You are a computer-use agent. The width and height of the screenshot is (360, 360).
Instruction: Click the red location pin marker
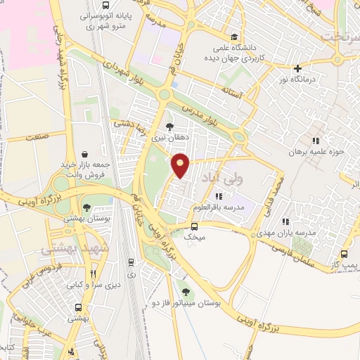[181, 165]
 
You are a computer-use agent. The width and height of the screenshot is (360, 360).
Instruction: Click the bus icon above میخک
[195, 226]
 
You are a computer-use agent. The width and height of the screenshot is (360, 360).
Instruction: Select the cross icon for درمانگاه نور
[299, 68]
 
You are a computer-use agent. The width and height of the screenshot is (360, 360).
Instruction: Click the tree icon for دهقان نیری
[169, 126]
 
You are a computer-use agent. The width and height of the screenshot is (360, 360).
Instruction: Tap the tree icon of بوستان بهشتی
[86, 208]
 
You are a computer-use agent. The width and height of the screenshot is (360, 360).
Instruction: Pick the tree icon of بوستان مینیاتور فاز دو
[186, 292]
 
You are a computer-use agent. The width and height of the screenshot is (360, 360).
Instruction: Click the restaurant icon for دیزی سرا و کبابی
[93, 275]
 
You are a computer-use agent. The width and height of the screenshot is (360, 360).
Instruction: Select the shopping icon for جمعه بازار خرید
[84, 153]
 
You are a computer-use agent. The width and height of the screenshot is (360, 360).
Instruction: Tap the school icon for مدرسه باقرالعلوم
[219, 196]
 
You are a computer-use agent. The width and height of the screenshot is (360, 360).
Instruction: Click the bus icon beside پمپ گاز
[345, 254]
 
